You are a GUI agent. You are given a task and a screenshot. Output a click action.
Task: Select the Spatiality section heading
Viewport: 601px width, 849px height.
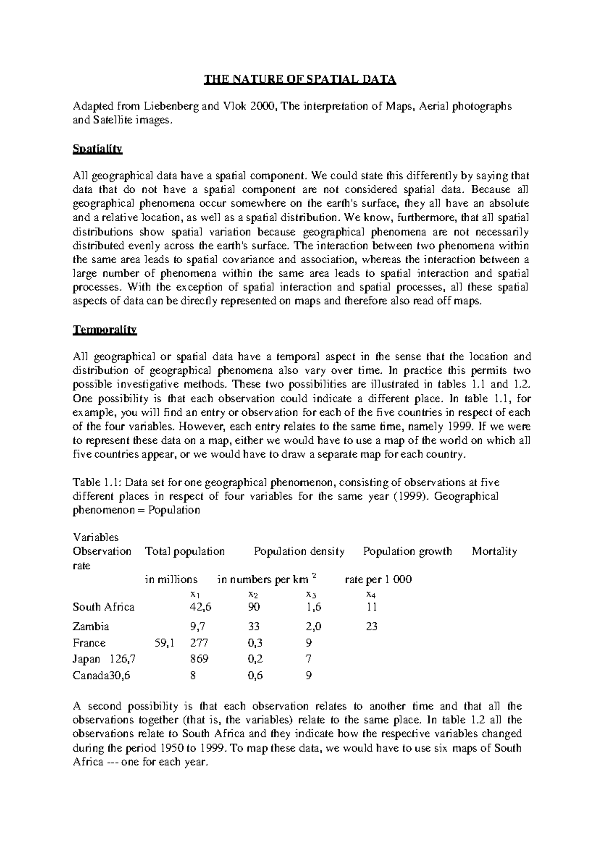click(98, 149)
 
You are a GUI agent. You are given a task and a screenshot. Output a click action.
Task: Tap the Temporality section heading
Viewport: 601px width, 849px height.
click(105, 330)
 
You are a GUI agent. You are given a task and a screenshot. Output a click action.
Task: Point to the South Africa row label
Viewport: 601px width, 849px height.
click(104, 607)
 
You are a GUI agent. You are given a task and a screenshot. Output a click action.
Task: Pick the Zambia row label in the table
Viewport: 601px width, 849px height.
click(91, 626)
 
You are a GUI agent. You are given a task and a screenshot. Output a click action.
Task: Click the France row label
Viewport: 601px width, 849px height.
click(89, 643)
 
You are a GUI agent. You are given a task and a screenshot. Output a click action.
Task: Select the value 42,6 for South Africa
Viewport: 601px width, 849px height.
click(198, 607)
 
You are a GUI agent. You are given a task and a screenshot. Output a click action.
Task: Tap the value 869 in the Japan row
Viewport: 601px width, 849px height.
click(199, 659)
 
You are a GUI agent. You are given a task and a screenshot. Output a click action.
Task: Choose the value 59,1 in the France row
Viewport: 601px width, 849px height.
click(165, 643)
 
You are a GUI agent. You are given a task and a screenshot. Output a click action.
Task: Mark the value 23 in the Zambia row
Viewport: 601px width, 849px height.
click(371, 626)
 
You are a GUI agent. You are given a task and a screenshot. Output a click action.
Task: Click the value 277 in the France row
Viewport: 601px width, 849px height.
click(199, 643)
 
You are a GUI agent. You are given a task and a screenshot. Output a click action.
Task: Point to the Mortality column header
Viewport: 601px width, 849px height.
click(494, 552)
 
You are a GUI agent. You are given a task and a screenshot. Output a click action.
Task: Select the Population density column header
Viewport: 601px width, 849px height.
click(299, 552)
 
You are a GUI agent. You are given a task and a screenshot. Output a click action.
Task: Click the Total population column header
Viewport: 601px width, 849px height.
click(185, 552)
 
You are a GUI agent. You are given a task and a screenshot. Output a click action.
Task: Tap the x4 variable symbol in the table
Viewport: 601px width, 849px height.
click(371, 595)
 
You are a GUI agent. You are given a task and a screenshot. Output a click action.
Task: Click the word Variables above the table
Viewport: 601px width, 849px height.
click(96, 538)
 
